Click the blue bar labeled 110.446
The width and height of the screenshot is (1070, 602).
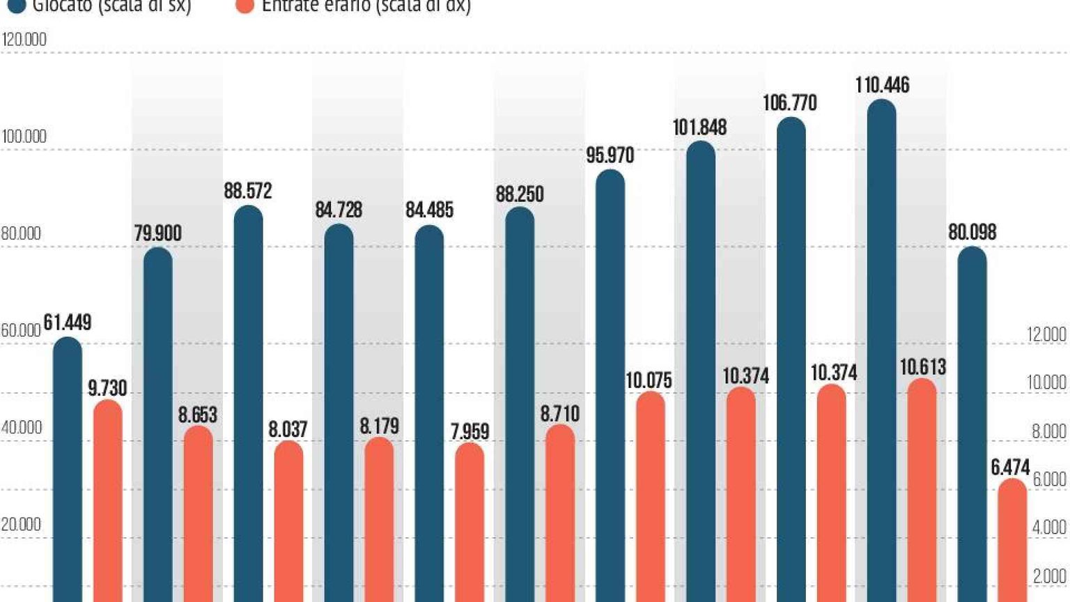point(882,348)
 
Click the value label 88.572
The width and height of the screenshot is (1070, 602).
point(248,191)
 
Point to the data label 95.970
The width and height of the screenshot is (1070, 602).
point(610,155)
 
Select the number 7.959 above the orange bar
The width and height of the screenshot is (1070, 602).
point(470,432)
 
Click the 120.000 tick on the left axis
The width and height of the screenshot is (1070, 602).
point(24,40)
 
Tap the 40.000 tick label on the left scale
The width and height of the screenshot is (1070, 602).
point(22,428)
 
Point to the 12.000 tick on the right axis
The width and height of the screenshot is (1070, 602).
point(1046,335)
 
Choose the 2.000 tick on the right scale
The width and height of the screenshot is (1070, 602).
point(1049,576)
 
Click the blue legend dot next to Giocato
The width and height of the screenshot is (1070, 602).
point(16,6)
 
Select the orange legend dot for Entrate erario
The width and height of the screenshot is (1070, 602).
point(245,6)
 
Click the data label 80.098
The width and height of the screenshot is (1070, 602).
point(972,232)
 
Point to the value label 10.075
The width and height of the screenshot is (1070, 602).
point(649,380)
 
